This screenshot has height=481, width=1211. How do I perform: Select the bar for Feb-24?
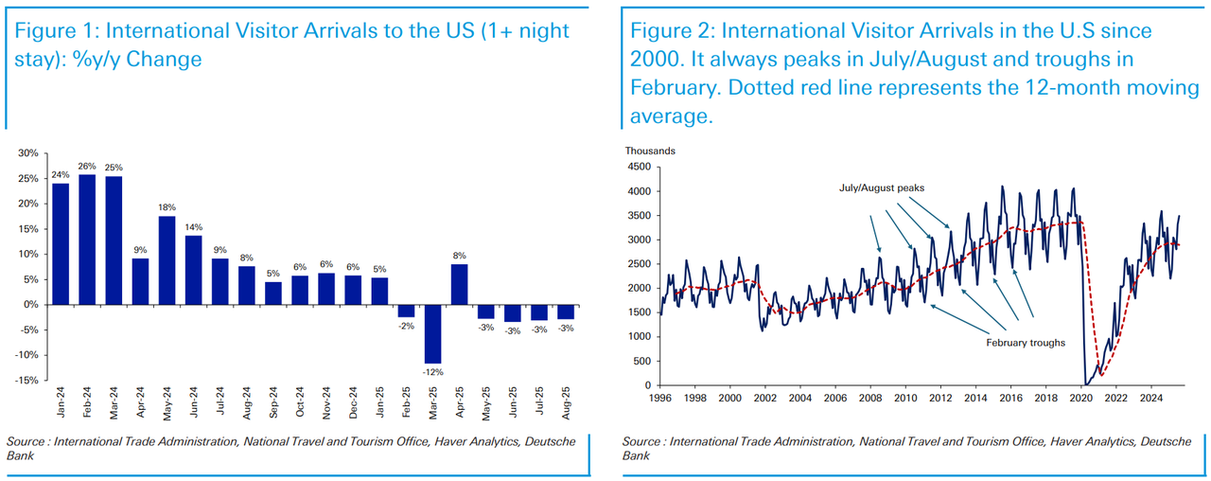87,240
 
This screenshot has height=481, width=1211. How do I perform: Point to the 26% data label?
87,167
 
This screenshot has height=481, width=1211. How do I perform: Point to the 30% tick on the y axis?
28,153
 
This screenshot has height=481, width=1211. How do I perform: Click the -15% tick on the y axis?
27,381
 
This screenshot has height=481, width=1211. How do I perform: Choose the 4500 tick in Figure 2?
638,168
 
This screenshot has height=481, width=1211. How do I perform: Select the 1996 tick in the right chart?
659,399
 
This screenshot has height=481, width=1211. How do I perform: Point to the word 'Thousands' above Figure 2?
650,150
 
